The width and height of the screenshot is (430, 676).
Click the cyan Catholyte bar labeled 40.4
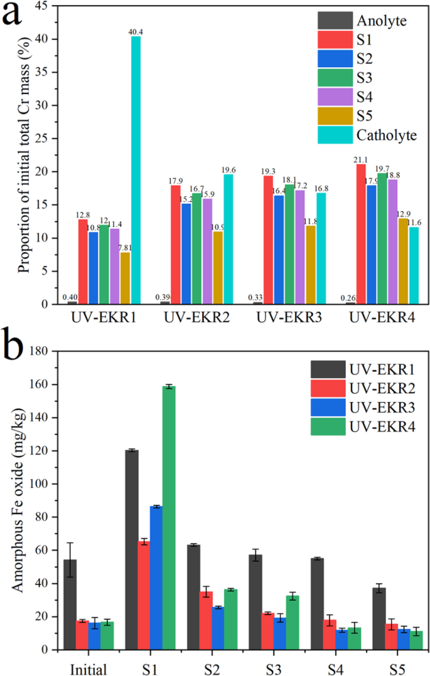point(136,170)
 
